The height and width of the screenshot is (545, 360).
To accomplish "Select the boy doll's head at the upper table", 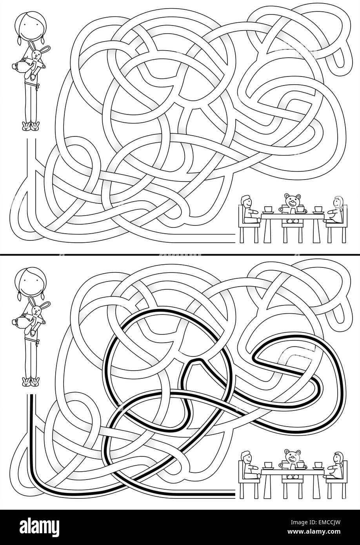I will click(246, 202).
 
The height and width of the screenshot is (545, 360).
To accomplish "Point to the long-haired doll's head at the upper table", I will click(337, 203).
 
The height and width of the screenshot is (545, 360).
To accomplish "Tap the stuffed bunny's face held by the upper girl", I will click(38, 54).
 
